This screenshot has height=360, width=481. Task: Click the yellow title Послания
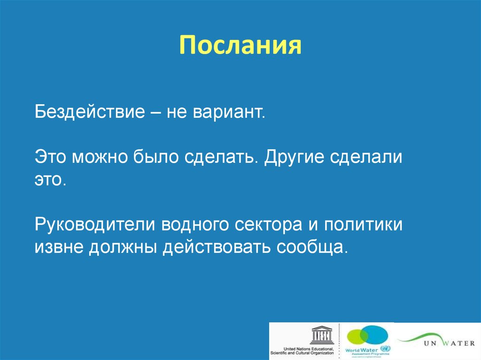240,46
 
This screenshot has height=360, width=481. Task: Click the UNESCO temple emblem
322,335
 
